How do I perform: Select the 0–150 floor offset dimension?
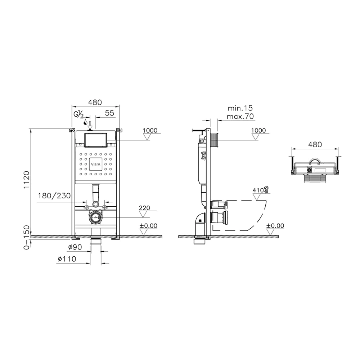[x=27, y=237]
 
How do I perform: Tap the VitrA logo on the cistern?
[x=95, y=165]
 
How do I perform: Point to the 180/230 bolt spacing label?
[x=54, y=196]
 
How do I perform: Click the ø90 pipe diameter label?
[x=75, y=247]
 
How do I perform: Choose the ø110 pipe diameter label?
[x=67, y=259]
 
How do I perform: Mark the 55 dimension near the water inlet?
[x=110, y=113]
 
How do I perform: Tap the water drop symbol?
[x=85, y=122]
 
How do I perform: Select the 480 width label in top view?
[x=315, y=144]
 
